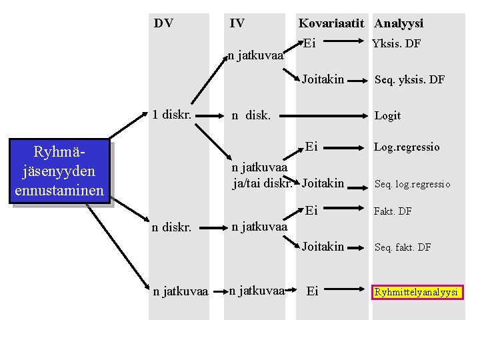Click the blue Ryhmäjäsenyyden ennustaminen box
pyautogui.click(x=59, y=171)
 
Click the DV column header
pyautogui.click(x=163, y=23)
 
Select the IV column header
pyautogui.click(x=237, y=23)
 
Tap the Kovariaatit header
pyautogui.click(x=331, y=23)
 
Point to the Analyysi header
pyautogui.click(x=399, y=23)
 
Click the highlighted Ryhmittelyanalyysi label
pyautogui.click(x=417, y=292)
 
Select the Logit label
pyautogui.click(x=387, y=115)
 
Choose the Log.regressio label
pyautogui.click(x=407, y=147)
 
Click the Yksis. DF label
pyautogui.click(x=396, y=44)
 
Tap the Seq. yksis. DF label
pyautogui.click(x=409, y=80)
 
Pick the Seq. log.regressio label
pyautogui.click(x=412, y=184)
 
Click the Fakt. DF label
pyautogui.click(x=393, y=211)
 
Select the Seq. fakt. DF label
pyautogui.click(x=403, y=247)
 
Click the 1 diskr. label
pyautogui.click(x=172, y=114)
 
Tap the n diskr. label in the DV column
pyautogui.click(x=171, y=227)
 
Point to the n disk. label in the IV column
pyautogui.click(x=251, y=115)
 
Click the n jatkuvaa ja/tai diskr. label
pyautogui.click(x=261, y=175)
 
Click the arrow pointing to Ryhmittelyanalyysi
pyautogui.click(x=350, y=290)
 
